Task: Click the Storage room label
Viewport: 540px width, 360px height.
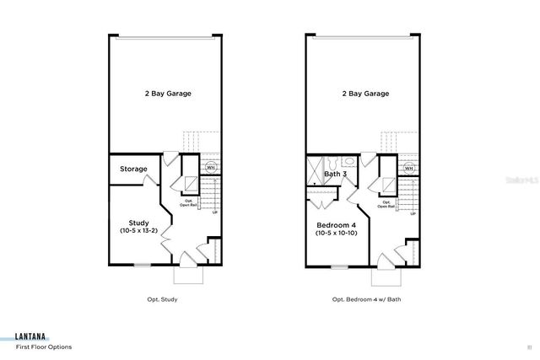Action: click(x=134, y=169)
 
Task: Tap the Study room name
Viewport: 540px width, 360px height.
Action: click(x=138, y=223)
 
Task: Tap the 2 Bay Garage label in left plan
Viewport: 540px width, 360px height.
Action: click(x=166, y=94)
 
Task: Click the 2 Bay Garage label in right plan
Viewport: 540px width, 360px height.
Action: click(x=364, y=94)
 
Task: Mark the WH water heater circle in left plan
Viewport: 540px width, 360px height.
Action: click(x=210, y=168)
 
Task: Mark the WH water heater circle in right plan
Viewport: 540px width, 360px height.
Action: click(x=408, y=168)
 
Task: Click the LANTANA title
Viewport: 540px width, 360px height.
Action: click(x=31, y=335)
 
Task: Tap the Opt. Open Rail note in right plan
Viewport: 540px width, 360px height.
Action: click(x=386, y=204)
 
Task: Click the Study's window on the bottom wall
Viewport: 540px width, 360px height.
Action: click(x=142, y=266)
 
